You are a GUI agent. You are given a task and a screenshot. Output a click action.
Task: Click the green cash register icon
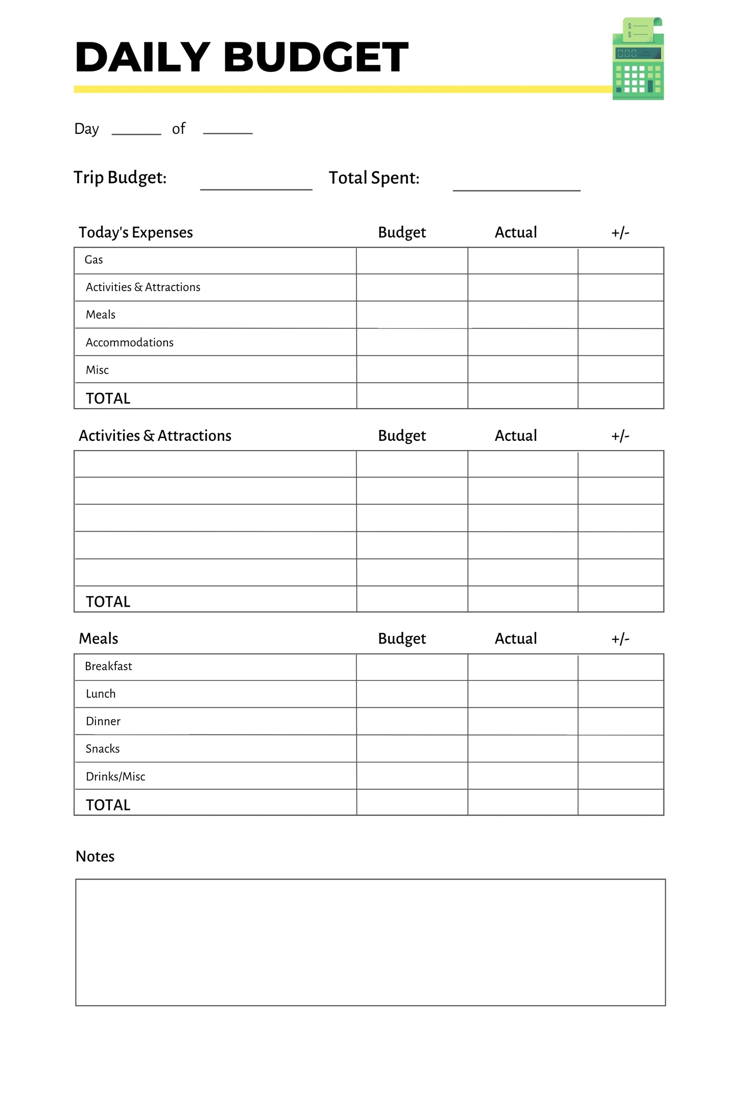(638, 59)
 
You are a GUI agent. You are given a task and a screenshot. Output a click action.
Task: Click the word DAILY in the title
(142, 57)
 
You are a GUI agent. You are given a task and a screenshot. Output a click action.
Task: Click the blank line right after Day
(136, 130)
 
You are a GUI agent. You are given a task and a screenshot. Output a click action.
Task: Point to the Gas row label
(94, 260)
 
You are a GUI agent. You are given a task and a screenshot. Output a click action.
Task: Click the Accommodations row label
(130, 343)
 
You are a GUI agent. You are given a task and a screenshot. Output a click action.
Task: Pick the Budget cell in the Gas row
(412, 261)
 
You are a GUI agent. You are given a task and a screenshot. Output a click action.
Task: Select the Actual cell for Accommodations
(522, 342)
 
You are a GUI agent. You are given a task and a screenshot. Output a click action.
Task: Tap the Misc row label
(97, 370)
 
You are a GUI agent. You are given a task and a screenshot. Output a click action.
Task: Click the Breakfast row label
(108, 667)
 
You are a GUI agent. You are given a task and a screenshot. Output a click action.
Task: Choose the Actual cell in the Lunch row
(522, 694)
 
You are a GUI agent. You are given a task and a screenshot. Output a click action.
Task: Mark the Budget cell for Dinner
(412, 721)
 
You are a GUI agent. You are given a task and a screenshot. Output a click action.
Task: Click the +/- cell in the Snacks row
(621, 749)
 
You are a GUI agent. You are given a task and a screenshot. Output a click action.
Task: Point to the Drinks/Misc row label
(115, 777)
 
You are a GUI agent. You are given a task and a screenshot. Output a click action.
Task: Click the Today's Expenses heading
(136, 232)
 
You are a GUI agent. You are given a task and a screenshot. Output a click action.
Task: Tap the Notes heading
(95, 857)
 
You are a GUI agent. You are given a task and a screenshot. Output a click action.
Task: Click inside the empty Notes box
(370, 942)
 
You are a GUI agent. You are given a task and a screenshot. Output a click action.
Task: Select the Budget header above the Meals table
(401, 639)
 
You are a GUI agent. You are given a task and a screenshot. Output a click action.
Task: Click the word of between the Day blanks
(179, 129)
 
